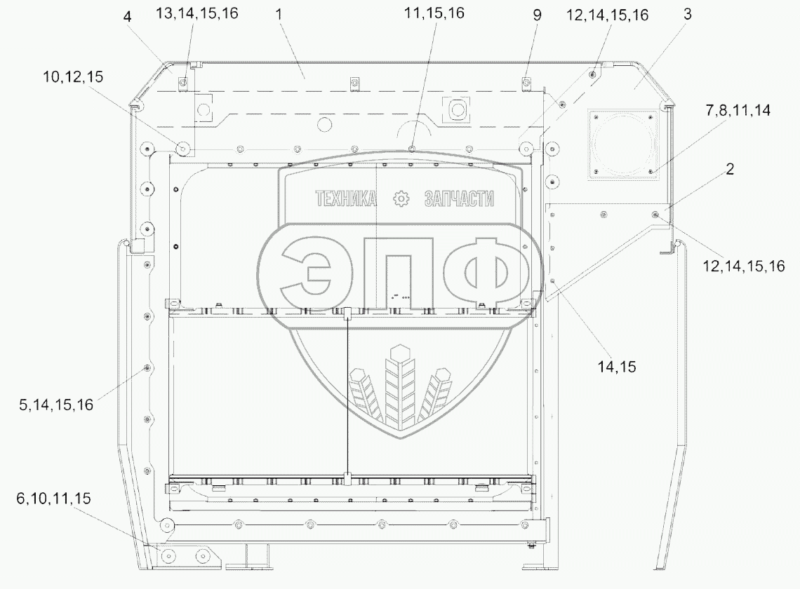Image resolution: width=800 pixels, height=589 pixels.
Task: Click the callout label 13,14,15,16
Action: (x=197, y=13)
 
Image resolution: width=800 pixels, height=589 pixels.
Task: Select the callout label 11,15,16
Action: (x=434, y=13)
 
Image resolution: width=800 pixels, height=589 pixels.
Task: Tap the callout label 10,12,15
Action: (x=74, y=77)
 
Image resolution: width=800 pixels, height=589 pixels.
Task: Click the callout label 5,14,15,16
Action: (x=56, y=405)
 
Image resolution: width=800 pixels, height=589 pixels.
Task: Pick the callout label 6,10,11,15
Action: (x=53, y=499)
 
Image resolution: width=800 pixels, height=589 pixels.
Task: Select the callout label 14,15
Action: (x=617, y=367)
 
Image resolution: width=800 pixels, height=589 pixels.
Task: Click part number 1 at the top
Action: (x=279, y=14)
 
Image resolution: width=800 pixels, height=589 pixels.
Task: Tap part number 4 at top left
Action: (x=127, y=17)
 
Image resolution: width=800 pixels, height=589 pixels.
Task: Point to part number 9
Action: (x=537, y=15)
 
